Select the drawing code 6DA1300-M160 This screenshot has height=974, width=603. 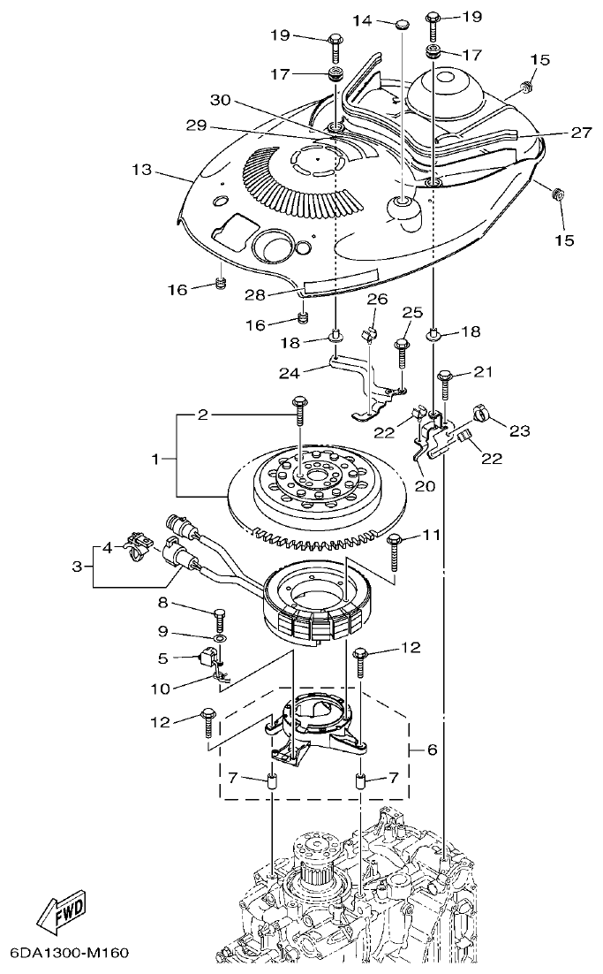pyautogui.click(x=70, y=954)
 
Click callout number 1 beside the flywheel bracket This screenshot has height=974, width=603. pyautogui.click(x=157, y=460)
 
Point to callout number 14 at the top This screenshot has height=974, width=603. pyautogui.click(x=363, y=19)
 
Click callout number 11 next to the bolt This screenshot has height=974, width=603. pyautogui.click(x=430, y=535)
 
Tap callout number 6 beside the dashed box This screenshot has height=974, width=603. pyautogui.click(x=432, y=750)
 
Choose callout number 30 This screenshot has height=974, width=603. pyautogui.click(x=220, y=101)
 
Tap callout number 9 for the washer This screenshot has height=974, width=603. pyautogui.click(x=162, y=631)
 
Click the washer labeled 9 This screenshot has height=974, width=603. pyautogui.click(x=218, y=636)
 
